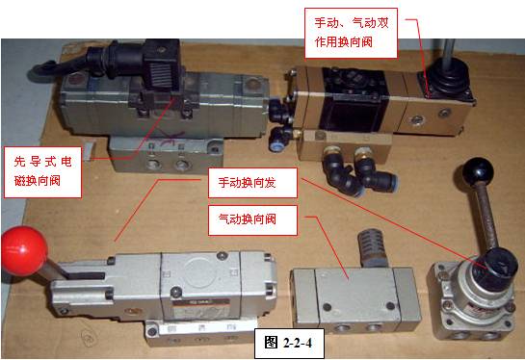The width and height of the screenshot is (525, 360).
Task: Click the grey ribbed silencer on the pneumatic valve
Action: coord(371,249)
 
